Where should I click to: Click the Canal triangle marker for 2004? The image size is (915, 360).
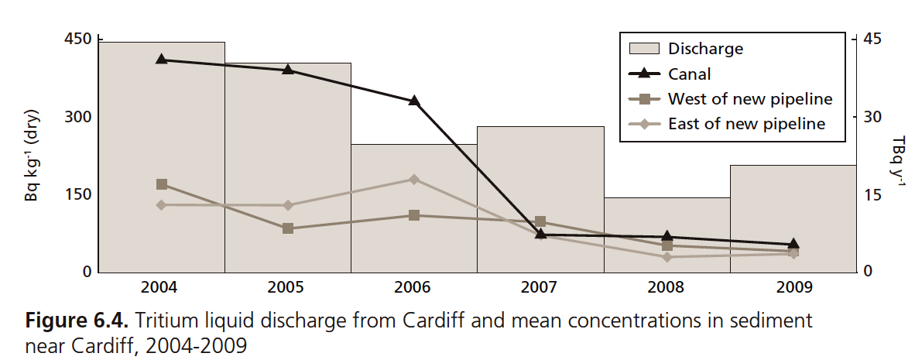point(162,59)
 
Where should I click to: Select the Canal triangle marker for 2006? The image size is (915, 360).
point(414,101)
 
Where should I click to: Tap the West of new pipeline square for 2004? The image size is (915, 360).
point(162,184)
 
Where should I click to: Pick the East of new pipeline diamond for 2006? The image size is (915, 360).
point(414,179)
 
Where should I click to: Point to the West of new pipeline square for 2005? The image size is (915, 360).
point(288,228)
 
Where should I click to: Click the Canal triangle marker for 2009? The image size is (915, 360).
point(793,245)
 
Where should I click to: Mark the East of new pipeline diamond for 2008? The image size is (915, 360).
point(667,256)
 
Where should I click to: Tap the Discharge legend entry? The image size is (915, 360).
point(705,49)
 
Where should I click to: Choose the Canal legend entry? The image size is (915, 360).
point(689,74)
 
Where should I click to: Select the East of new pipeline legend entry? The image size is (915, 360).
point(746,124)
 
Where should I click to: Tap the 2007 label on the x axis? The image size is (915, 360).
point(540,287)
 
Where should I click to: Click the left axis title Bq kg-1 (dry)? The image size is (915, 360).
point(32,159)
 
